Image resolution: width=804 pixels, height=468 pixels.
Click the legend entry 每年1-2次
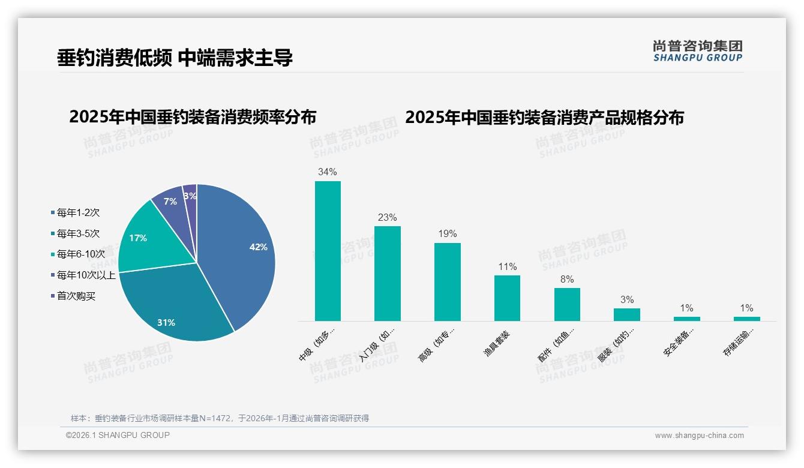(x=78, y=212)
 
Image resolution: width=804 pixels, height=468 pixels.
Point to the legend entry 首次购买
(x=76, y=296)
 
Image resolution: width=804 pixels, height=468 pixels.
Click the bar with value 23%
(x=387, y=273)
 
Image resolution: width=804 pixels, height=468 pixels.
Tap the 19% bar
(x=447, y=281)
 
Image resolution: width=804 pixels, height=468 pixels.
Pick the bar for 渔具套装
(x=507, y=298)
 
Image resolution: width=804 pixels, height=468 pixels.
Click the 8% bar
(x=567, y=304)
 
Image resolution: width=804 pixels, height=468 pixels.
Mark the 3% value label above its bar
(x=626, y=299)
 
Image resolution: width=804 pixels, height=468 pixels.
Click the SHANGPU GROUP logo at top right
(x=697, y=51)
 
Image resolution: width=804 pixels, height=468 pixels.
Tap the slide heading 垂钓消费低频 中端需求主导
(x=175, y=58)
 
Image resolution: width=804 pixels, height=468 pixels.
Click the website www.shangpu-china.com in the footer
(x=699, y=436)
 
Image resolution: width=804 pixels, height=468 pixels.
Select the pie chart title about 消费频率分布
(x=193, y=117)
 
